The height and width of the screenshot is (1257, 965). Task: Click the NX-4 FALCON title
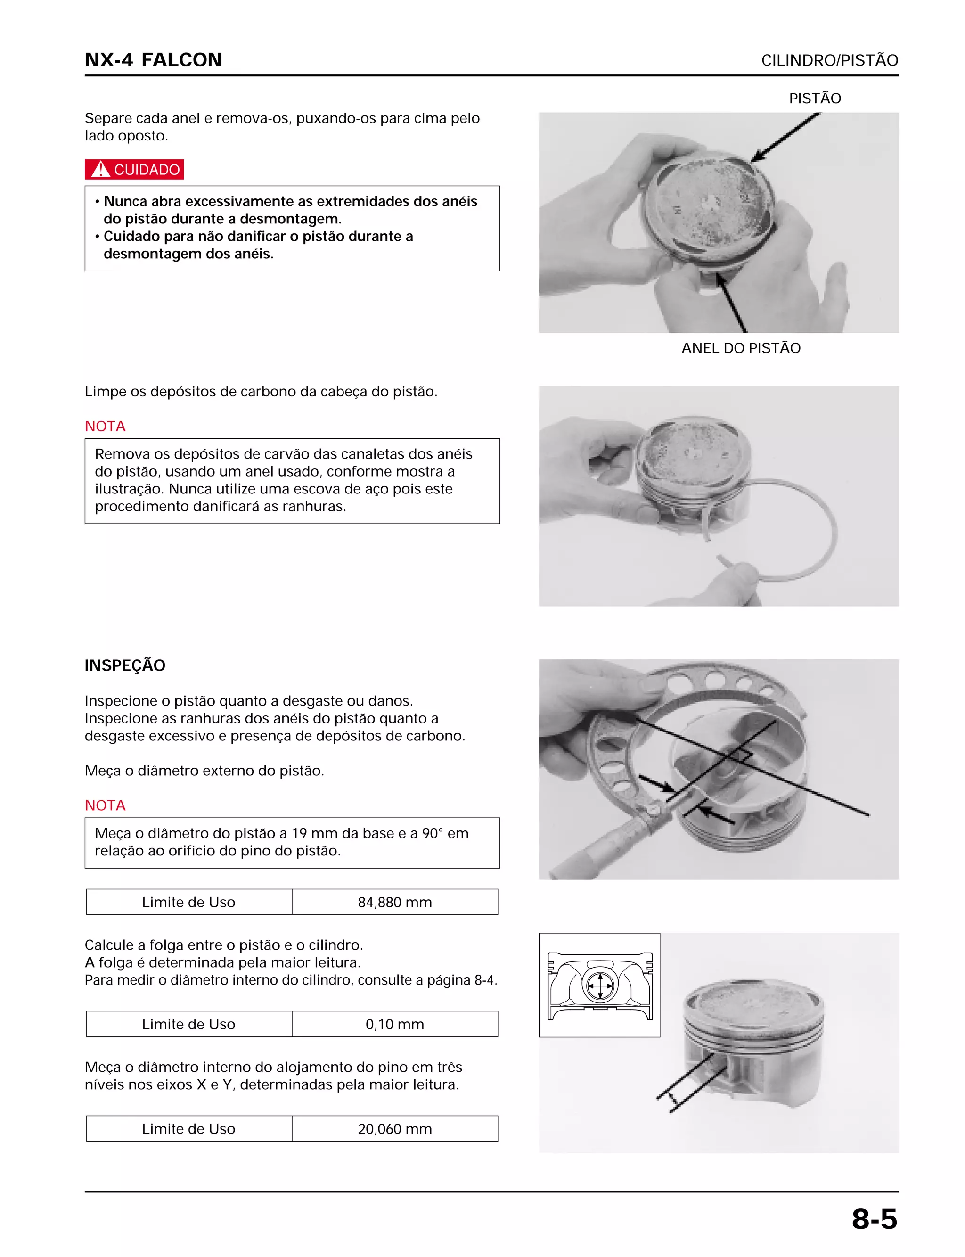click(x=153, y=60)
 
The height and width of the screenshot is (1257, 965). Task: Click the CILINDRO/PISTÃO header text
click(x=829, y=60)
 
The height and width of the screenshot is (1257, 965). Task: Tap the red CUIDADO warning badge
click(x=134, y=170)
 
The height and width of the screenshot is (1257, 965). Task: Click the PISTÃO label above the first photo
click(x=815, y=98)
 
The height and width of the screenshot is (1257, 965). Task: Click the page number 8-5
click(x=874, y=1219)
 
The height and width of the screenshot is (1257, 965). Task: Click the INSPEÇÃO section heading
click(x=125, y=665)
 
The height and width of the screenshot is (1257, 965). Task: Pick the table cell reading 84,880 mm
click(x=394, y=902)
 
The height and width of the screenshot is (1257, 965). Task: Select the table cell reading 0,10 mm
click(x=394, y=1024)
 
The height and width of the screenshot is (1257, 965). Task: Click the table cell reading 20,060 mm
click(x=394, y=1129)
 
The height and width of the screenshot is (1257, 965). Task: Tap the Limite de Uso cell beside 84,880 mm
click(x=188, y=902)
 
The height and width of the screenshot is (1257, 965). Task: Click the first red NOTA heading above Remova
click(x=105, y=426)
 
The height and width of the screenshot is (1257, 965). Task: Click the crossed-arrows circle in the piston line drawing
click(x=600, y=986)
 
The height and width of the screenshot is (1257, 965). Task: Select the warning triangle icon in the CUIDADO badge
click(x=100, y=170)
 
